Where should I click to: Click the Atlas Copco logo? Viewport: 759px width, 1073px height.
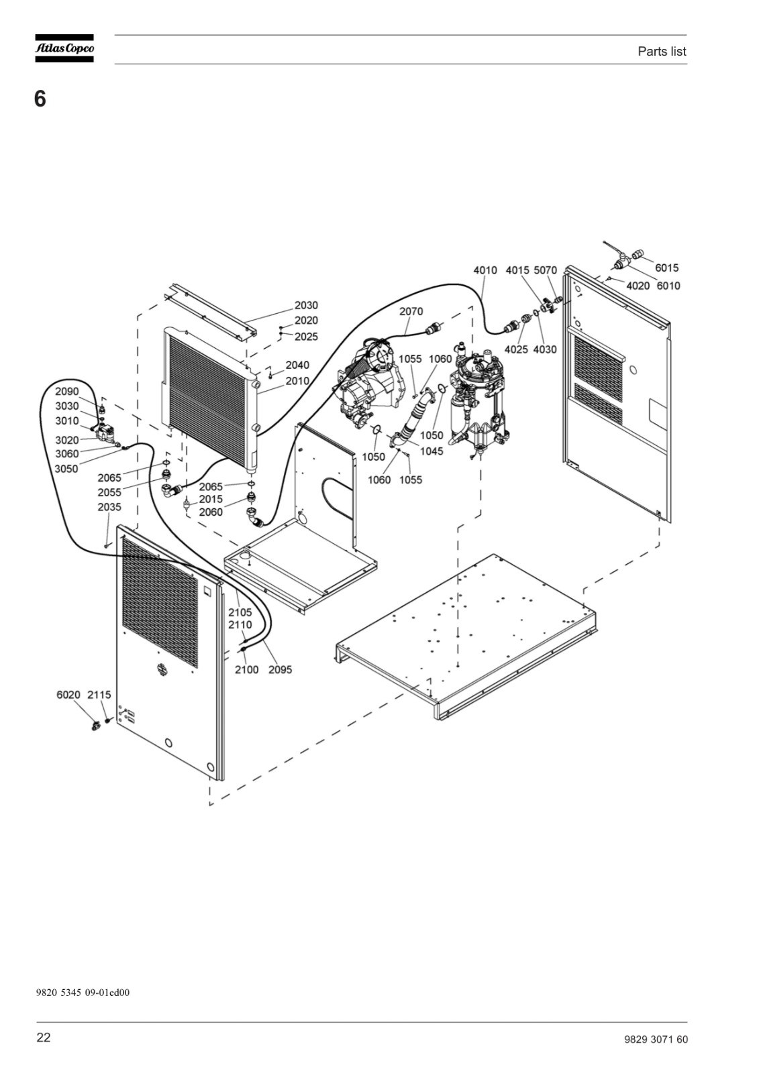64,48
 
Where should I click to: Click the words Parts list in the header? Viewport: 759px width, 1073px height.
662,51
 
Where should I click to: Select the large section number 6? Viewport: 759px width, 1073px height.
40,99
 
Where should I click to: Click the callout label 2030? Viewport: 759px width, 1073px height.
306,305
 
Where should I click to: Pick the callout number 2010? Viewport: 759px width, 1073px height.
297,381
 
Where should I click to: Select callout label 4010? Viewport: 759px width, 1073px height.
485,270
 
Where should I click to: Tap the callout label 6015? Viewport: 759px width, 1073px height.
667,268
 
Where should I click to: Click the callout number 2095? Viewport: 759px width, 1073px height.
280,670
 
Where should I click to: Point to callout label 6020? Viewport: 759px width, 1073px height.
68,695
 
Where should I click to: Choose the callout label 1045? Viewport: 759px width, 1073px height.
432,451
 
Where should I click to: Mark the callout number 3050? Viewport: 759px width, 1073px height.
66,469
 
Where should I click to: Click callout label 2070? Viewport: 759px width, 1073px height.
411,311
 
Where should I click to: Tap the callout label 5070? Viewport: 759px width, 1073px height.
546,270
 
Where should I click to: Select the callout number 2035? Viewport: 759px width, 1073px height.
109,507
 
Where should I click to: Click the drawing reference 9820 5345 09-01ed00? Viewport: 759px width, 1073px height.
83,992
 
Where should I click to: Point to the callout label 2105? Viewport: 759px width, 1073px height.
240,612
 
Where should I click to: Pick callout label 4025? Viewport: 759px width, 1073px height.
516,349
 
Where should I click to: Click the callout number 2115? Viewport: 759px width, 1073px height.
99,695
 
